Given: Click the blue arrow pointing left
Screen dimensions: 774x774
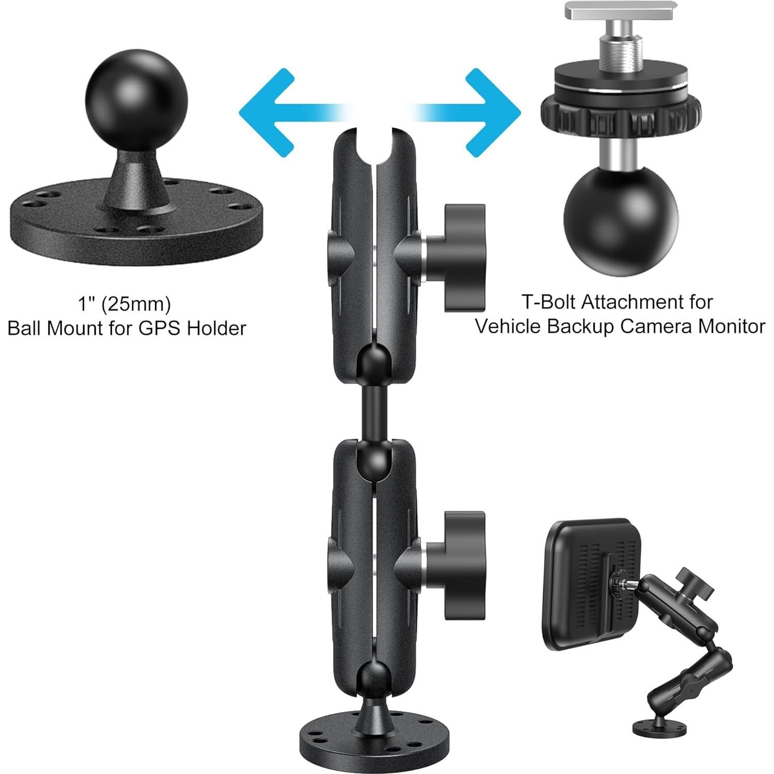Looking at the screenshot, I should (x=274, y=111).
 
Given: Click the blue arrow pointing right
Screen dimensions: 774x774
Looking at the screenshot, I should (x=486, y=111).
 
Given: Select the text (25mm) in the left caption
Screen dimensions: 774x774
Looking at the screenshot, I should (x=135, y=304).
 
